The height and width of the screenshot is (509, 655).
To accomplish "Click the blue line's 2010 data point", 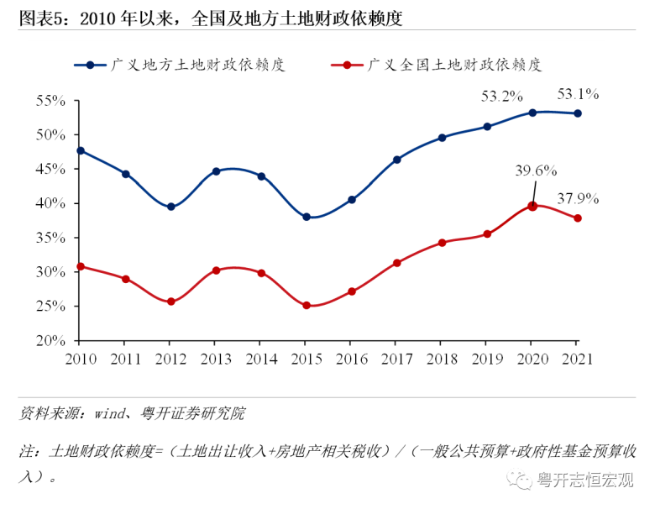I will pos(80,150).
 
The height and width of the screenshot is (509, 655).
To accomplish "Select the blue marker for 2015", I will pos(307,217).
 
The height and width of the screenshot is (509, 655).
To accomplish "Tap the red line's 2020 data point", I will pos(532,206).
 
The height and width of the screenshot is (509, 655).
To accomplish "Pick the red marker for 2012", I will pos(170,301).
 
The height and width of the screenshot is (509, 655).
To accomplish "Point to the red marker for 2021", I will pos(577,218).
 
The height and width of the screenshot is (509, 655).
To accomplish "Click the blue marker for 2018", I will pos(442,138).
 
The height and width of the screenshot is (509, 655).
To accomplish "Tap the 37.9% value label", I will pos(578,199).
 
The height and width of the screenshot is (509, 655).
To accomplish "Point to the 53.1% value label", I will pos(577,93).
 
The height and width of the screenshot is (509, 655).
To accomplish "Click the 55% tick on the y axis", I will pos(50,101).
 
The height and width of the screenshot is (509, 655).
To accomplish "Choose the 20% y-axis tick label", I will pos(50,341).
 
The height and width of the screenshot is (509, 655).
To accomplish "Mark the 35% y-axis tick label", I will pos(50,238).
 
